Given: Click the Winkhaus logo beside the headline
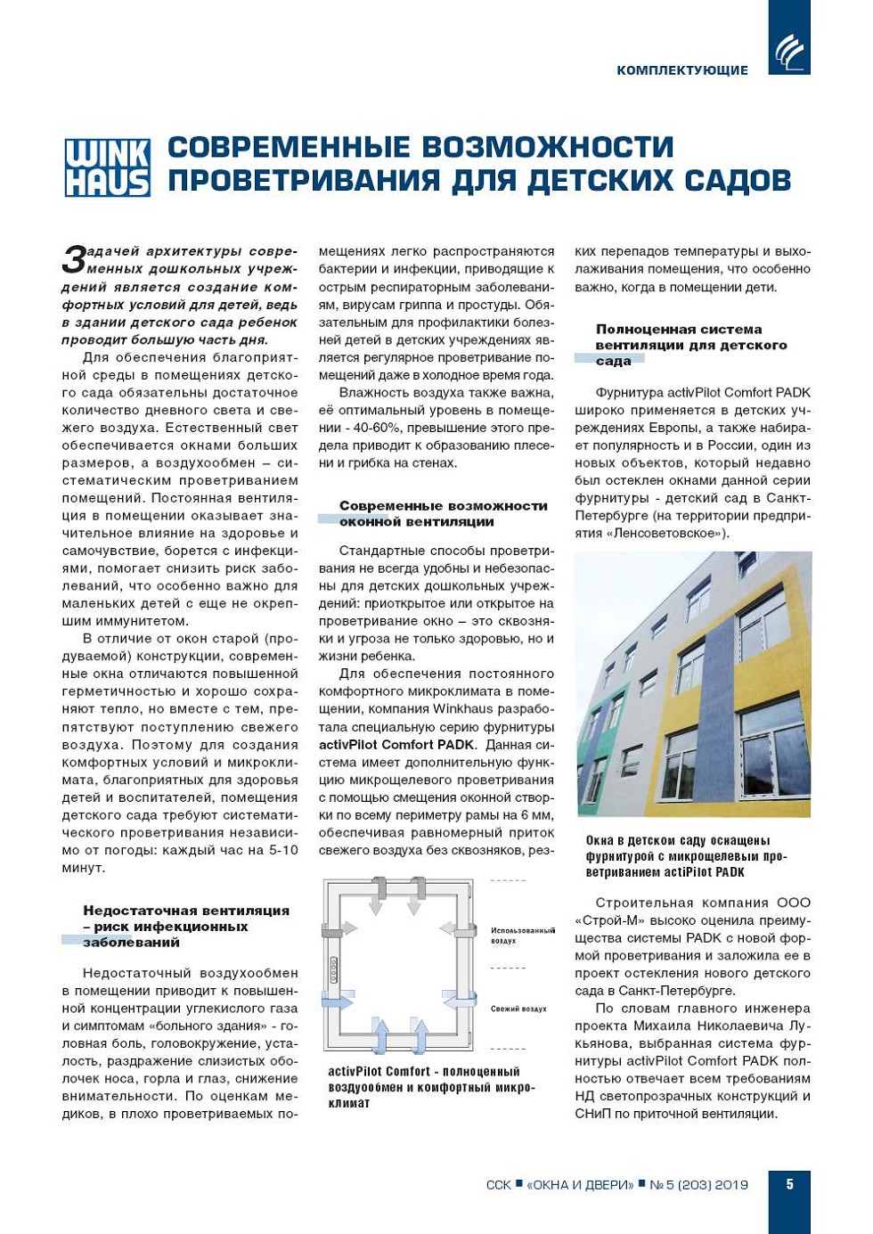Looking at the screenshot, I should coord(107,167).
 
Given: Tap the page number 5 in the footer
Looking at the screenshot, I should coord(789,1184).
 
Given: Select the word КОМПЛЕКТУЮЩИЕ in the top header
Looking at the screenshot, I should coord(681,70).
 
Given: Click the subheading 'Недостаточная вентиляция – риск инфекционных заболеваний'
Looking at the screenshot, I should coord(185,926).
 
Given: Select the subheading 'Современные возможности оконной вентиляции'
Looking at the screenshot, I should coord(443,513).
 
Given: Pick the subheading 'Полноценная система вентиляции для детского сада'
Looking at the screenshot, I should coord(690,344).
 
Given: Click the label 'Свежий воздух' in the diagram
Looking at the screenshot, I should coord(518,1009).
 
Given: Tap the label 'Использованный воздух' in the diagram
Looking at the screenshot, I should coord(522,935).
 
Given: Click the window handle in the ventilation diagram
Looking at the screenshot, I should coord(334,969).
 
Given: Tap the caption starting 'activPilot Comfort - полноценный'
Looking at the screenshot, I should coord(431,1087).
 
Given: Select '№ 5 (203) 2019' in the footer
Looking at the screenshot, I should coord(698,1184).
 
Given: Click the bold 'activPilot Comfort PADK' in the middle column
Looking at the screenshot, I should coord(396,745).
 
